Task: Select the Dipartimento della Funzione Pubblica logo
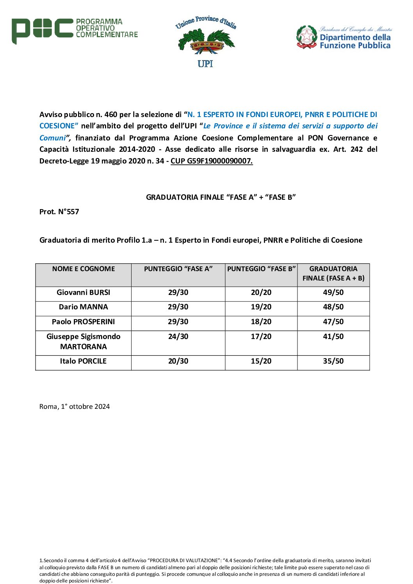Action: (344, 37)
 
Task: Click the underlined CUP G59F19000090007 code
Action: (212, 161)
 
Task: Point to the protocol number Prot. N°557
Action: (59, 212)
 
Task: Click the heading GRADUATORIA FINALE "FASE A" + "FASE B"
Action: (221, 197)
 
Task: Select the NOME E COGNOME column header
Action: (84, 269)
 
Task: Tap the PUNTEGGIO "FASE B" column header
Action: (261, 269)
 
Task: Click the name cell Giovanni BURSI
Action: (84, 293)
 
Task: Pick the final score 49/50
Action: (333, 293)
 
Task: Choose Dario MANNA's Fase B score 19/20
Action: (261, 307)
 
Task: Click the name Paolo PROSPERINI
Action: (84, 322)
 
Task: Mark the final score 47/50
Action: (333, 322)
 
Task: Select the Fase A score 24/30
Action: (178, 337)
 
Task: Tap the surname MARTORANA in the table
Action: (84, 347)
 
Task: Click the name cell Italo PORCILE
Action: (84, 361)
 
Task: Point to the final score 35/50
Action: (333, 361)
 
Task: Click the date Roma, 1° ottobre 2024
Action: (75, 406)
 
